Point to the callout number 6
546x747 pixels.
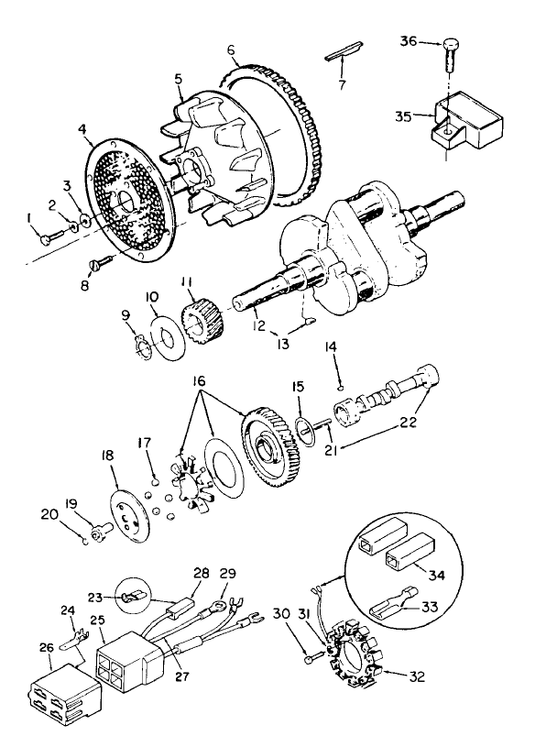[231, 49]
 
